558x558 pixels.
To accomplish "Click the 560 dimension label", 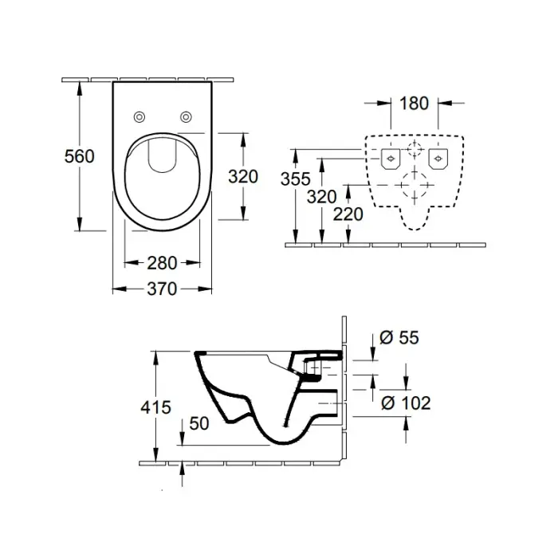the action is [80, 156].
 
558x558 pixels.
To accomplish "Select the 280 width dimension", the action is [162, 263].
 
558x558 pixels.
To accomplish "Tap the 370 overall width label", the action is [162, 289].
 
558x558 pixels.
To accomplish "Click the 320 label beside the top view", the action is [243, 176].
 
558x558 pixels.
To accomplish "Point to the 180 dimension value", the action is [415, 104].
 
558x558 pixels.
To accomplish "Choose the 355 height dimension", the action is [296, 179].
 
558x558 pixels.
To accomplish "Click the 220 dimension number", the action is [348, 214].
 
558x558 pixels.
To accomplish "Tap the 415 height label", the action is [156, 407].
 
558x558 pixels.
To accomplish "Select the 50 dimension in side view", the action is [199, 423].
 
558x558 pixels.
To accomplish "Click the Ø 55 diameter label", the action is [399, 337].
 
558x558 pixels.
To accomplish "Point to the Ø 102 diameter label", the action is [406, 403].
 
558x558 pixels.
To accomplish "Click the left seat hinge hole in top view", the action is [139, 116].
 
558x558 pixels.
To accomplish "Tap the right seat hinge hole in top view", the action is [186, 116].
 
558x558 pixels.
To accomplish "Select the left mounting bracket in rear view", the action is [391, 159].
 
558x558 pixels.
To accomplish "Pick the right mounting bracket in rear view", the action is [438, 159].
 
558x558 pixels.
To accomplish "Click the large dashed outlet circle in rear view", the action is [415, 185].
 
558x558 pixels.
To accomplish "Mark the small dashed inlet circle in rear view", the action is [415, 150].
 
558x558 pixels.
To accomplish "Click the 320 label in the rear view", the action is [322, 197].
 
